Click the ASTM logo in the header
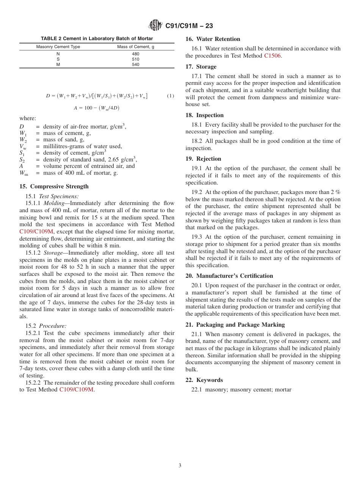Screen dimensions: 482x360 [155, 26]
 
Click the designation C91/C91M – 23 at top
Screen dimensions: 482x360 [189, 26]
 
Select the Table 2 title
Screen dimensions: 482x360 [97, 39]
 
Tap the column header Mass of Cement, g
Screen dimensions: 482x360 [135, 47]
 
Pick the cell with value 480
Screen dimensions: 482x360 [135, 54]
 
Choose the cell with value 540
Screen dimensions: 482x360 [135, 64]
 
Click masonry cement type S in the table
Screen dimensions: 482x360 [58, 59]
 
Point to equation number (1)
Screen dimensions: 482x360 [170, 96]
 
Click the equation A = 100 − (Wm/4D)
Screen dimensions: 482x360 [96, 108]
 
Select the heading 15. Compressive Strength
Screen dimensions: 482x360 [54, 186]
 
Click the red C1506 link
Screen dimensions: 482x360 [273, 56]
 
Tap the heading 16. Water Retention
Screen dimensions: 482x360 [213, 39]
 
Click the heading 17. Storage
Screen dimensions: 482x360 [201, 67]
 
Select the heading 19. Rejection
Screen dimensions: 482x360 [203, 159]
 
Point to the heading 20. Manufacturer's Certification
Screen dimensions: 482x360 [229, 276]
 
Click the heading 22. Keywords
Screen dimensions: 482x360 [204, 380]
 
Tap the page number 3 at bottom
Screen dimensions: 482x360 [180, 466]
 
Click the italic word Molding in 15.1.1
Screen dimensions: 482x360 [54, 203]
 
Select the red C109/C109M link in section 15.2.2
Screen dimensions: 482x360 [76, 390]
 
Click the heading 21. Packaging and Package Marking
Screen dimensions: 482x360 [235, 325]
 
